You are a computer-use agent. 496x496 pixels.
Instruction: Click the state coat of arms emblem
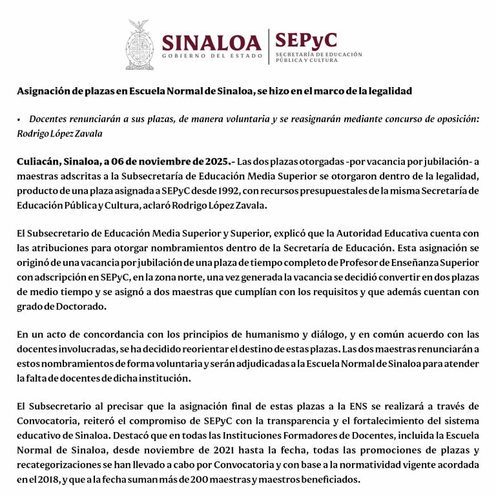click(x=139, y=45)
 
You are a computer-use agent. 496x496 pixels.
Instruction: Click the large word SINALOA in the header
click(x=211, y=43)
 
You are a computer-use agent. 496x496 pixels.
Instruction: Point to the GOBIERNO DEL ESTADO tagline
click(x=212, y=57)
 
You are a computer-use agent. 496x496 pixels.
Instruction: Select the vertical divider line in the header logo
click(x=269, y=46)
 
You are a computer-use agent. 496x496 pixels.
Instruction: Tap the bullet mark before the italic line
click(x=19, y=119)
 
